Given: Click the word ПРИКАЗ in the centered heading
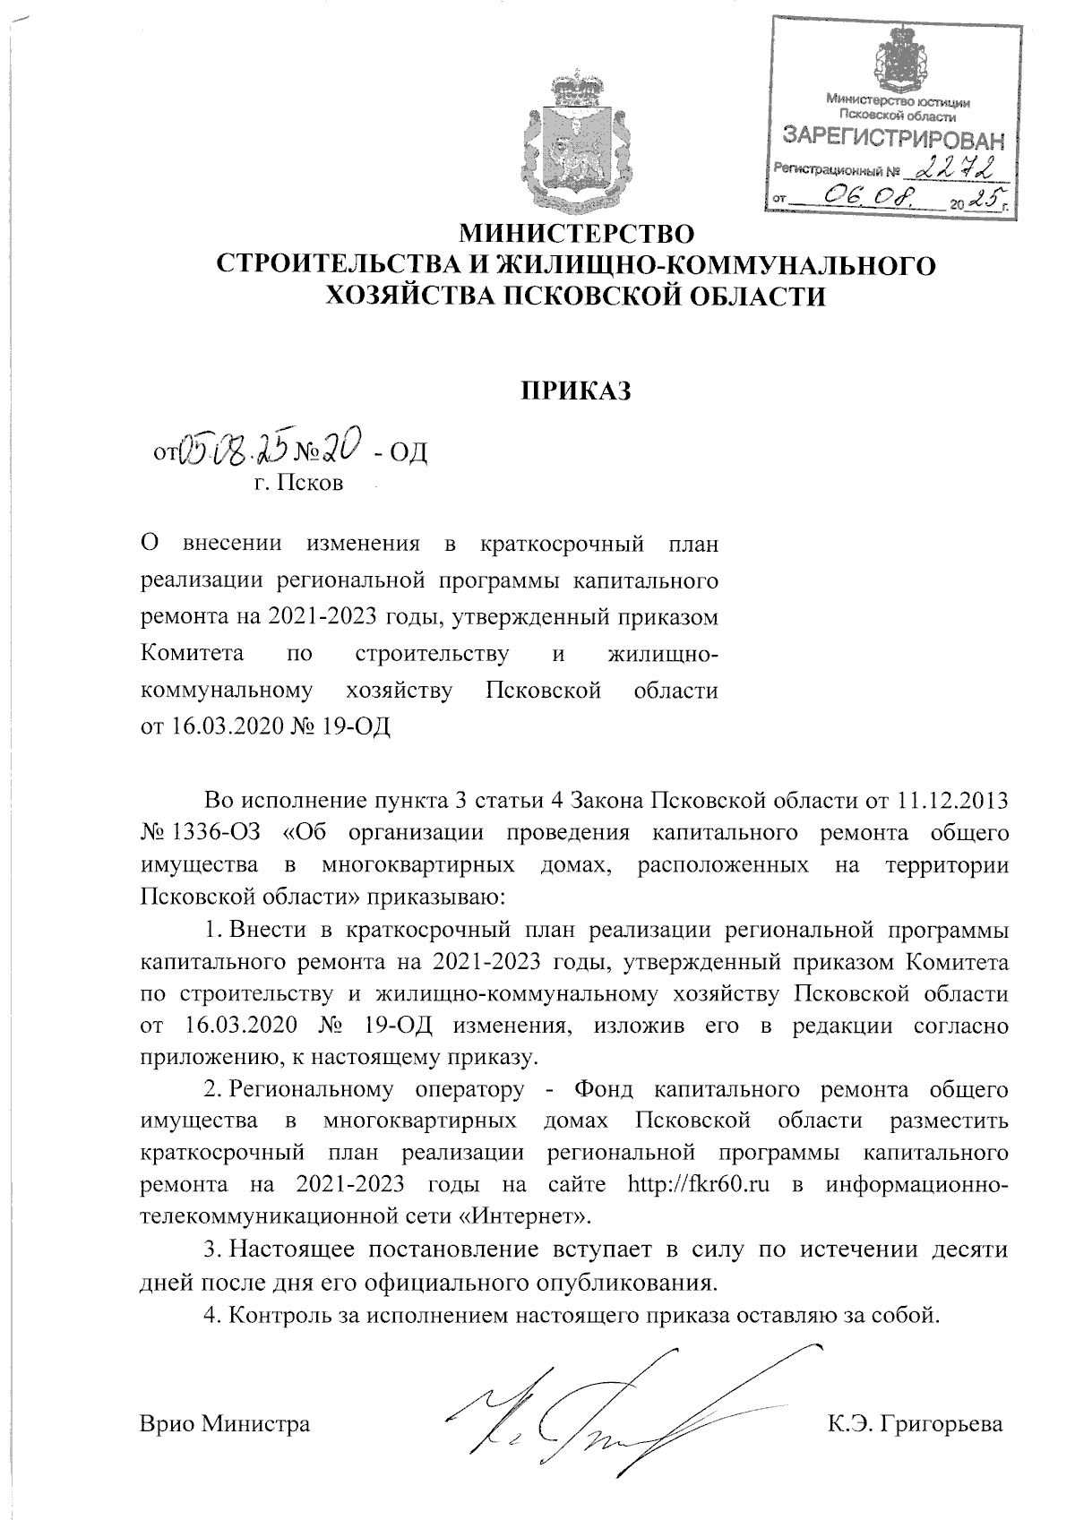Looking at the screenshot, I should coord(577,391).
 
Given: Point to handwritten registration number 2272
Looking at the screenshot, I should coord(959,166).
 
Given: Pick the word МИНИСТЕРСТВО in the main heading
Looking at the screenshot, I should coord(577,236).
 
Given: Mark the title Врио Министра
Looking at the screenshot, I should coord(225,1422).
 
